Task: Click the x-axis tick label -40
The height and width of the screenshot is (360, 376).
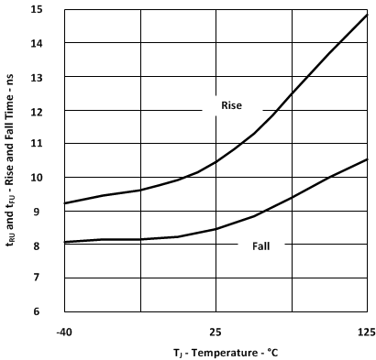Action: click(63, 331)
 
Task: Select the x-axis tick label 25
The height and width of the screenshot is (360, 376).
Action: click(215, 331)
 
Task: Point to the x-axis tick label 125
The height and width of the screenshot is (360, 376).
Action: click(365, 331)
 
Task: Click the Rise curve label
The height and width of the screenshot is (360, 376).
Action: click(231, 105)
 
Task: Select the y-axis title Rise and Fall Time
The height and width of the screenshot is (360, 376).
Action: click(13, 161)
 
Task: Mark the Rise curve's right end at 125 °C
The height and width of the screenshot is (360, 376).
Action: click(367, 15)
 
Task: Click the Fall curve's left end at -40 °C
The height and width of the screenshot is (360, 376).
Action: click(63, 242)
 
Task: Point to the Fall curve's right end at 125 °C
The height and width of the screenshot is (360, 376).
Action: click(367, 159)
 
